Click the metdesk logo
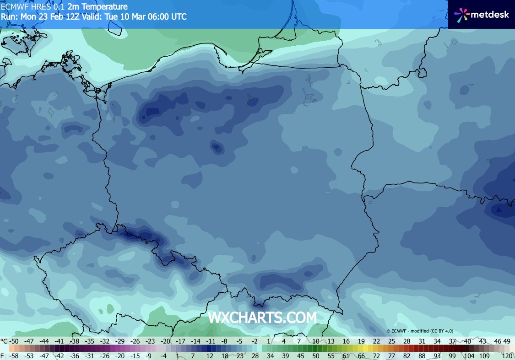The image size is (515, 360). coord(482,14)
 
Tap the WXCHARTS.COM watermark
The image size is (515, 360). coord(262,317)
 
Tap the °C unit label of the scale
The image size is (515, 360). coord(4,341)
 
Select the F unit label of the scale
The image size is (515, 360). coord(3,355)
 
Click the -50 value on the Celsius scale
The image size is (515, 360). coord(15,341)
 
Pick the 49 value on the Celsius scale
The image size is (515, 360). coord(507,341)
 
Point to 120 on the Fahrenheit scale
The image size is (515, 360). coord(506,355)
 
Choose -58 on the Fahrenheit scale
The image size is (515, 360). coord(15,355)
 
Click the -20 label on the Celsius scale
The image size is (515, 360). coord(166,341)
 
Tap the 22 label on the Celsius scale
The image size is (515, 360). coord(376,341)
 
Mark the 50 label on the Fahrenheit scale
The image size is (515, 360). coord(316,355)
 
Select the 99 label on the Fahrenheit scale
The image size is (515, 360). coord(452,355)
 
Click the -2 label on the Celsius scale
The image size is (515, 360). coord(255,341)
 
